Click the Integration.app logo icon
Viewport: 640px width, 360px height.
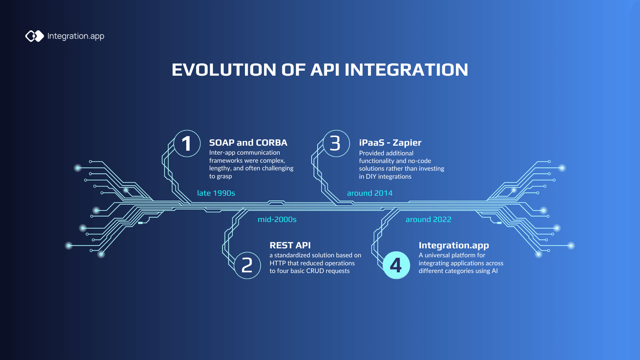tap(35, 36)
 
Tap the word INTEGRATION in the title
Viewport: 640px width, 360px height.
tap(406, 70)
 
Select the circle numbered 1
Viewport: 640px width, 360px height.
tap(187, 144)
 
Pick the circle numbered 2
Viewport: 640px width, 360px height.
tap(247, 265)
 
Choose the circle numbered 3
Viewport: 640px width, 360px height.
tap(336, 144)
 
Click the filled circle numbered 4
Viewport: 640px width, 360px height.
tap(396, 265)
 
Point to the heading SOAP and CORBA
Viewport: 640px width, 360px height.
tap(248, 143)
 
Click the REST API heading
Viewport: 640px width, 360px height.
tap(290, 245)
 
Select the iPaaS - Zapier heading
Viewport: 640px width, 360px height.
tap(390, 143)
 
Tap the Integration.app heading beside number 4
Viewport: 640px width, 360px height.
tap(454, 245)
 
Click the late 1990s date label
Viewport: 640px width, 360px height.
tap(216, 193)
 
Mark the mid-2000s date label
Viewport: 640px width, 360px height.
tap(277, 220)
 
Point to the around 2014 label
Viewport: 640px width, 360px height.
tap(370, 193)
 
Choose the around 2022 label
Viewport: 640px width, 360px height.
tap(428, 220)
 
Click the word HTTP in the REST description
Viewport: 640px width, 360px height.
tap(277, 263)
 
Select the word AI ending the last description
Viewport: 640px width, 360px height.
tap(495, 271)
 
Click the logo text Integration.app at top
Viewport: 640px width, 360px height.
tap(76, 36)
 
